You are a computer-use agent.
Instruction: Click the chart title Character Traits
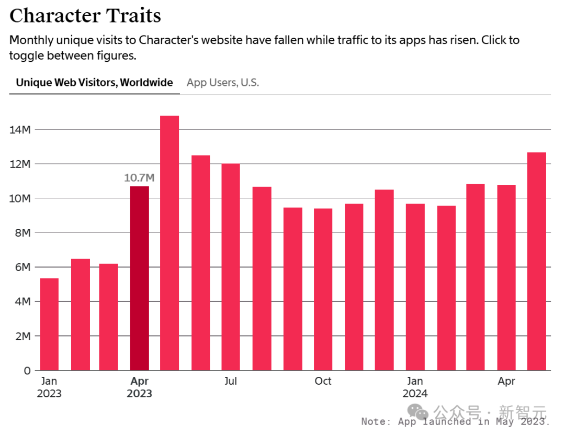click(85, 16)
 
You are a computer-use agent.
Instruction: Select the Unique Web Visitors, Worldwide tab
click(94, 82)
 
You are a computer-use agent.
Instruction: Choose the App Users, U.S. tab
click(223, 82)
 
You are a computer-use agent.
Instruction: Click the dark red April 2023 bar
click(139, 277)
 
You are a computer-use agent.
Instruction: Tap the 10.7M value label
click(139, 177)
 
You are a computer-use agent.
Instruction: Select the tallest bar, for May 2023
click(169, 242)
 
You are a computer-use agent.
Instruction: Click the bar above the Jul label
click(231, 267)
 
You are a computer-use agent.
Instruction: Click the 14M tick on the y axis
click(20, 129)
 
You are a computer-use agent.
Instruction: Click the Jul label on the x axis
click(231, 382)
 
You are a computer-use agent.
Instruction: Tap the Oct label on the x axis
click(323, 382)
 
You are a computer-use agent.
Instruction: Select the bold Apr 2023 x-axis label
click(139, 387)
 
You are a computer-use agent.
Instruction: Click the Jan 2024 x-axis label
click(415, 387)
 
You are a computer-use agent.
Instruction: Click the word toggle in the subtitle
click(26, 55)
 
